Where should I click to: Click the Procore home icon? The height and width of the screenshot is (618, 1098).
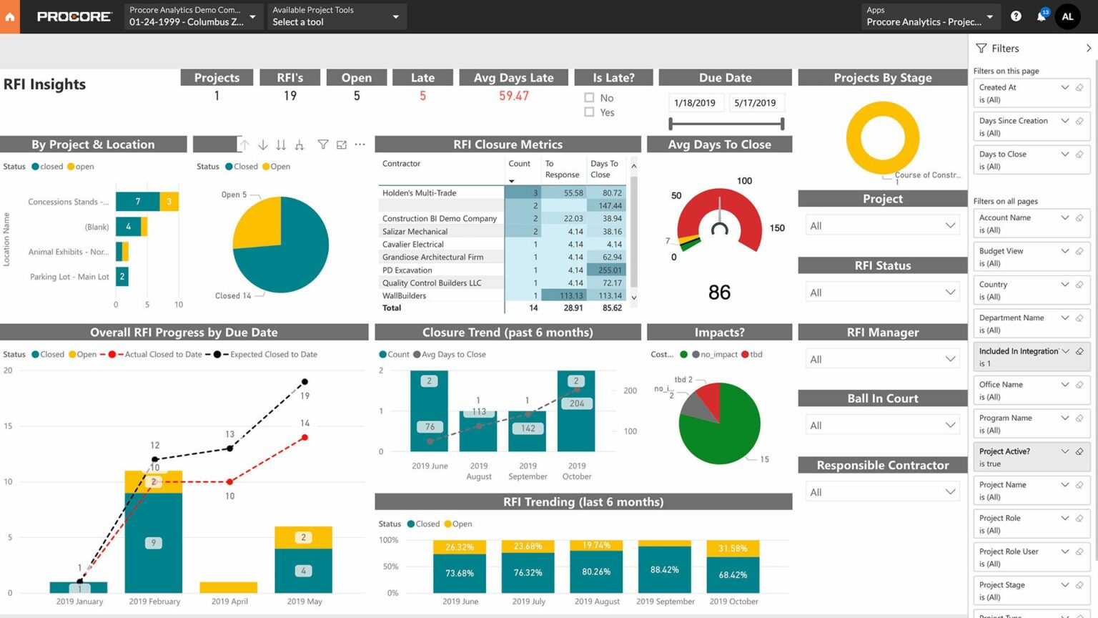tap(10, 16)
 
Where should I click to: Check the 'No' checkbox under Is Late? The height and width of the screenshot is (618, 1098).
tap(589, 98)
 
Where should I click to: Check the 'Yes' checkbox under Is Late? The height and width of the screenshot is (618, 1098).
tap(589, 112)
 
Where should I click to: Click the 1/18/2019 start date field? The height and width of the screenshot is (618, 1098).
tap(694, 103)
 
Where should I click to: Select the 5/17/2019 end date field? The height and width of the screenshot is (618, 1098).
tap(755, 103)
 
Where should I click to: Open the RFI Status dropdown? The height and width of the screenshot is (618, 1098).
tap(882, 293)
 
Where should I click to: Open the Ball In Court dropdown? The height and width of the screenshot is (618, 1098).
tap(882, 426)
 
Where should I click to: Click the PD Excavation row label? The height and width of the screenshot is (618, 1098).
tap(407, 270)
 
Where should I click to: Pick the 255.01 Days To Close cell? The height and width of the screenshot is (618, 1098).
tap(609, 270)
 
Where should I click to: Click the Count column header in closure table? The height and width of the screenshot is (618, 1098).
tap(519, 164)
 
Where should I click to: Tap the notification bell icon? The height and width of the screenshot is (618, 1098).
tap(1041, 16)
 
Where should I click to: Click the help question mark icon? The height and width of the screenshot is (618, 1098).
tap(1016, 16)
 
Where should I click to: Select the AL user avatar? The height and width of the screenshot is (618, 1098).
tap(1067, 16)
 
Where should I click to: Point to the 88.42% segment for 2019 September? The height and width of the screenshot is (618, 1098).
tap(665, 570)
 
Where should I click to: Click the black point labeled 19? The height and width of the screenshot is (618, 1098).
tap(305, 382)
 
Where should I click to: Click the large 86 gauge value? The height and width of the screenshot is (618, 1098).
tap(719, 293)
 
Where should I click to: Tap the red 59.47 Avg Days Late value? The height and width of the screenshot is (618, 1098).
tap(514, 96)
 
